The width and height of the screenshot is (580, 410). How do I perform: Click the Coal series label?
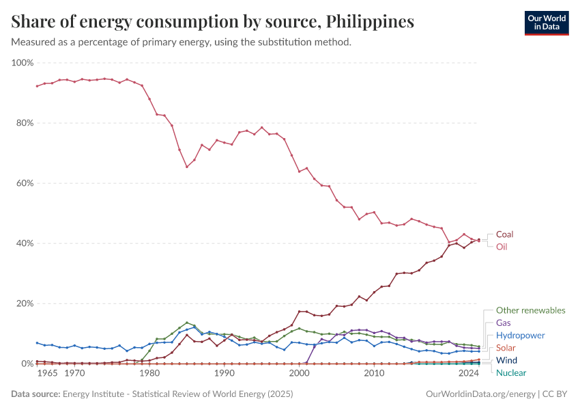point(504,234)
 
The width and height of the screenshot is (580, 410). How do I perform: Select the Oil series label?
point(502,247)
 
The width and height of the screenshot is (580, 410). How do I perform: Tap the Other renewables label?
point(530,310)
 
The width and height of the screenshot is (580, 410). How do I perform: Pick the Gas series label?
point(503,323)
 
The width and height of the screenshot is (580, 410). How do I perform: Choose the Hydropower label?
point(520,336)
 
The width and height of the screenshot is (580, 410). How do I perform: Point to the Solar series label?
point(506,348)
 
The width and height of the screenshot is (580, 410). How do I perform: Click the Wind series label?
point(506,360)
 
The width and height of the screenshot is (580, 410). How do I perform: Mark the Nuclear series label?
point(510,372)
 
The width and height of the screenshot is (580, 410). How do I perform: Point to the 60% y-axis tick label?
point(24,183)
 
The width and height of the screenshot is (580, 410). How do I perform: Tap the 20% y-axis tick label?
point(24,303)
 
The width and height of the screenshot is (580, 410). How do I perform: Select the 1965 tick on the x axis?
point(47,374)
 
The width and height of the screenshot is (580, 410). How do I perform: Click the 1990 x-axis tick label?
point(224,374)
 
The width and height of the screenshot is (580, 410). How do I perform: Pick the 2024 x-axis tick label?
point(469,374)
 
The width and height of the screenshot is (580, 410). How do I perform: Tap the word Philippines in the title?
point(371,22)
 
